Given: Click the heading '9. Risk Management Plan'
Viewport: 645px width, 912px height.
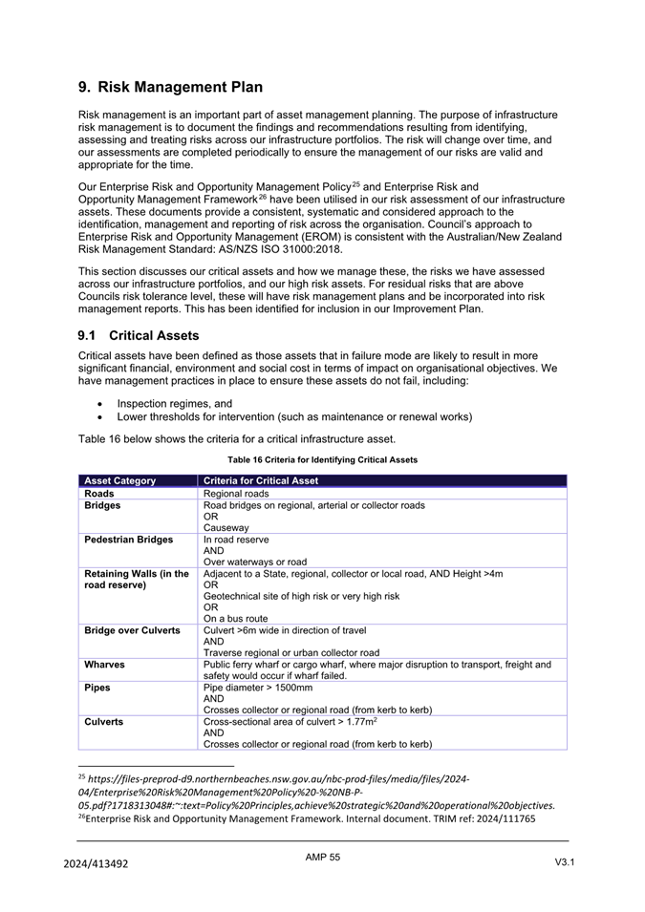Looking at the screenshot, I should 170,87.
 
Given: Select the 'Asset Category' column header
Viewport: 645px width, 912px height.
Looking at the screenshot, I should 120,480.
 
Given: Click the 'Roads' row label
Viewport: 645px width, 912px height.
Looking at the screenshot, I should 99,494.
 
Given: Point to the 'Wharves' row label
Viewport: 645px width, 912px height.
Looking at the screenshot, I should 105,665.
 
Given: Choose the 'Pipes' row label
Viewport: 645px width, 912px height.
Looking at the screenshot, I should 97,687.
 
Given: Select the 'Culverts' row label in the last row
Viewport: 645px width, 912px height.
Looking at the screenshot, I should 104,722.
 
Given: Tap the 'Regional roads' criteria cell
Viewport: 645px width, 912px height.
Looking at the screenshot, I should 237,494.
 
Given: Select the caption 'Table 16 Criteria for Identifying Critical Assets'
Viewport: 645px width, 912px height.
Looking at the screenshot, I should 322,459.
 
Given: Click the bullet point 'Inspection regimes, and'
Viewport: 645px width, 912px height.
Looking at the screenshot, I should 175,403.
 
